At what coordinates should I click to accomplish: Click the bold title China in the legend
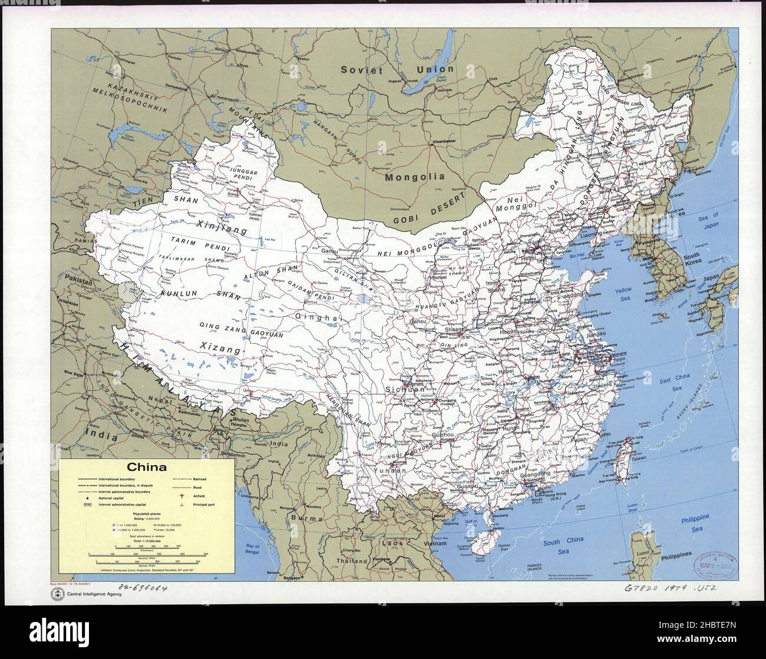pyautogui.click(x=147, y=468)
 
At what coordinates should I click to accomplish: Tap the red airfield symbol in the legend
pyautogui.click(x=182, y=496)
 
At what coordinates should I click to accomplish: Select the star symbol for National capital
pyautogui.click(x=87, y=498)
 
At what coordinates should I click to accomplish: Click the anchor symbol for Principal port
pyautogui.click(x=182, y=505)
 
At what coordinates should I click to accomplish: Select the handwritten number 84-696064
pyautogui.click(x=142, y=588)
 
